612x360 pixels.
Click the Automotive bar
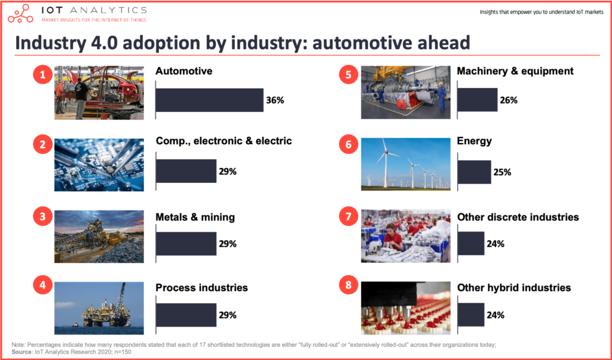pyautogui.click(x=210, y=100)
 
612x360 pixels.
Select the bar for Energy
pyautogui.click(x=474, y=172)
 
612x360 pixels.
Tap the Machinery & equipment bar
pyautogui.click(x=478, y=100)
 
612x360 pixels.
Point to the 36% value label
pyautogui.click(x=275, y=100)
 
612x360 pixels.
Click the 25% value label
pyautogui.click(x=502, y=172)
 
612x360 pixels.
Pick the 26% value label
pyautogui.click(x=509, y=100)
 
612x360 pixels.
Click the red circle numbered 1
pyautogui.click(x=42, y=74)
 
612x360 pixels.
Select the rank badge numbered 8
pyautogui.click(x=348, y=285)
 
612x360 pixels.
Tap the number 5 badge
pyautogui.click(x=348, y=74)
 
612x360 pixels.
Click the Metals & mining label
pyautogui.click(x=195, y=217)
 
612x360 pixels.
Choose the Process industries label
pyautogui.click(x=202, y=288)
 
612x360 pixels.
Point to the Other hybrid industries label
pyautogui.click(x=514, y=288)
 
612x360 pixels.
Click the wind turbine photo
pyautogui.click(x=406, y=164)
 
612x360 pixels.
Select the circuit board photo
pyautogui.click(x=99, y=165)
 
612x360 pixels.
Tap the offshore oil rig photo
pyautogui.click(x=99, y=308)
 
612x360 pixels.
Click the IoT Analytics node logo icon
pyautogui.click(x=21, y=14)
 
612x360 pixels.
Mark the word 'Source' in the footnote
pyautogui.click(x=21, y=352)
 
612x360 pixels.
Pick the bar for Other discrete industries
pyautogui.click(x=471, y=243)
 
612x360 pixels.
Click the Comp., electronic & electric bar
pyautogui.click(x=186, y=171)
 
